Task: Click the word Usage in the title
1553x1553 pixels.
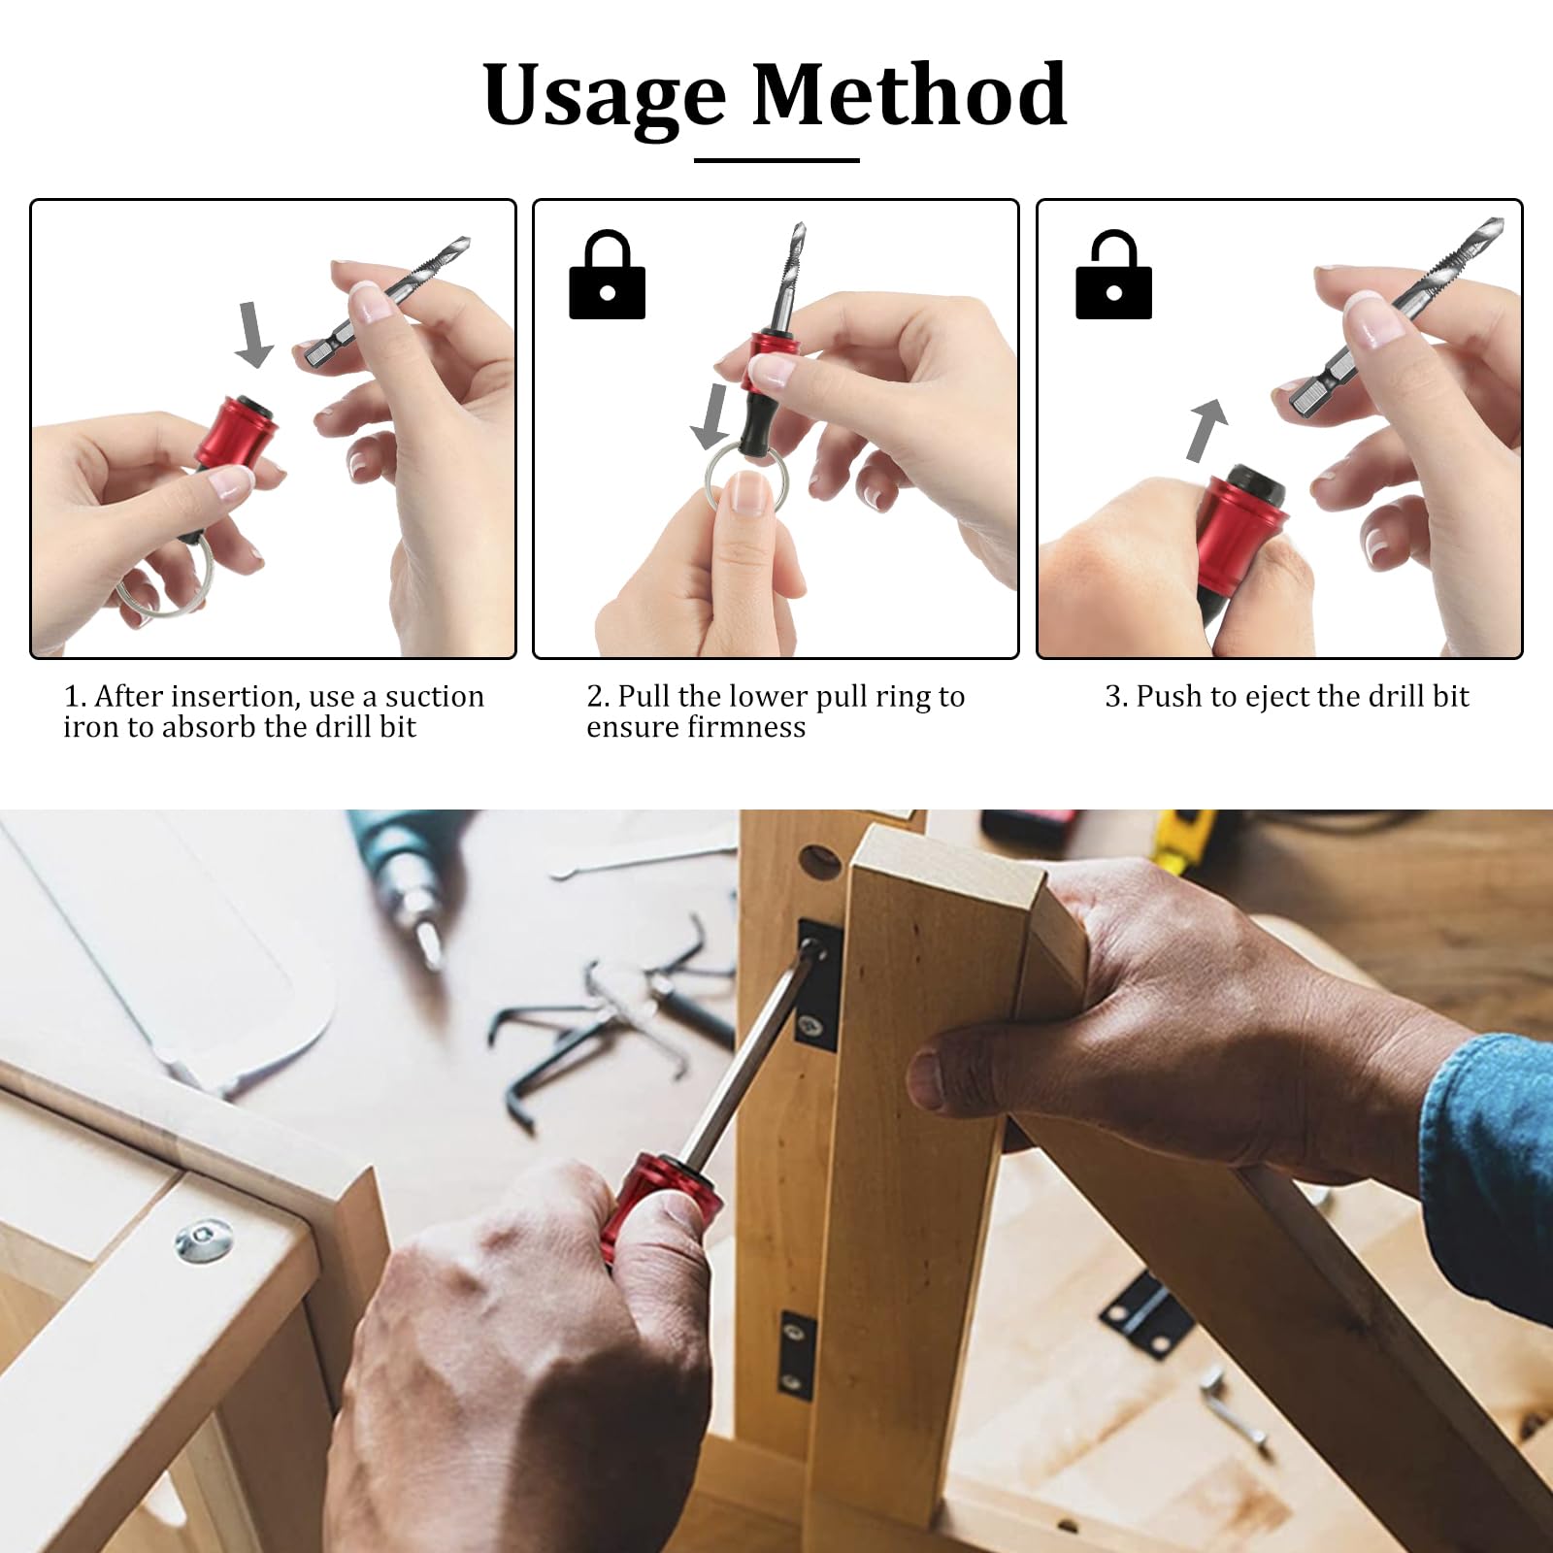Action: pyautogui.click(x=604, y=97)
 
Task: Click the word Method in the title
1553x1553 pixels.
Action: pyautogui.click(x=909, y=95)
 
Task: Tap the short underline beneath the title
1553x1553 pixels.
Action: pyautogui.click(x=776, y=160)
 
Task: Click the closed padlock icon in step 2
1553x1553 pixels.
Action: pyautogui.click(x=607, y=277)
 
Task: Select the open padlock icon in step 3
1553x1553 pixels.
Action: pyautogui.click(x=1113, y=277)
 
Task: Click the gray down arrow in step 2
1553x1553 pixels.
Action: pyautogui.click(x=711, y=415)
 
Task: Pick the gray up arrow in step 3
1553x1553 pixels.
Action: pyautogui.click(x=1206, y=429)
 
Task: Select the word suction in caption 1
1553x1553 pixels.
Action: pyautogui.click(x=434, y=697)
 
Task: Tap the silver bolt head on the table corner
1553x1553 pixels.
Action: pyautogui.click(x=205, y=1240)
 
